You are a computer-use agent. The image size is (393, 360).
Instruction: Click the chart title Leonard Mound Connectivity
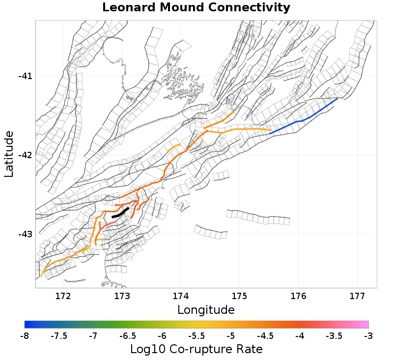click(x=196, y=8)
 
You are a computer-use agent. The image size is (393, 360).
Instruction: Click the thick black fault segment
click(x=120, y=213)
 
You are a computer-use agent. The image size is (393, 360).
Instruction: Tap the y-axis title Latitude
click(x=9, y=154)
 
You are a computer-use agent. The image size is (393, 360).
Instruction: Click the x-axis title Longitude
click(x=206, y=310)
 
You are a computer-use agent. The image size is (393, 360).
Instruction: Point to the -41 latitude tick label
click(x=25, y=76)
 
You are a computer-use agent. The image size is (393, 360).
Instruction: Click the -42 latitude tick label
click(x=25, y=155)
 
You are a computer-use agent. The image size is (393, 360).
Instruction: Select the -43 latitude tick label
click(x=25, y=234)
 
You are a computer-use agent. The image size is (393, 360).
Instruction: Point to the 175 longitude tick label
click(x=239, y=296)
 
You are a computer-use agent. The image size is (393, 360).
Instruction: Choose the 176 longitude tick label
click(x=298, y=296)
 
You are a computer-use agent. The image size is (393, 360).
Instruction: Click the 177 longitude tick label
click(x=357, y=296)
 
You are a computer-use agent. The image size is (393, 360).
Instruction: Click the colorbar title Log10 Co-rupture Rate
click(x=196, y=349)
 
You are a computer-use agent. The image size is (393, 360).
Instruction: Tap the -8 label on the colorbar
click(x=25, y=336)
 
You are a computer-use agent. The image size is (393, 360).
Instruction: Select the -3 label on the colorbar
click(x=368, y=336)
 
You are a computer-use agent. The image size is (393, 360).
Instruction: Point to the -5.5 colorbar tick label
click(x=196, y=336)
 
